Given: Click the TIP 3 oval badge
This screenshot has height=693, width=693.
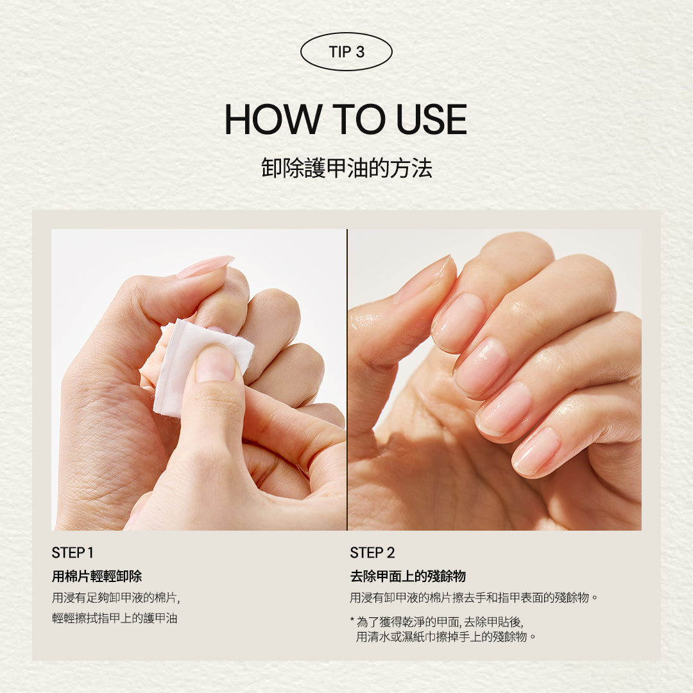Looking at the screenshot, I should click(x=346, y=52).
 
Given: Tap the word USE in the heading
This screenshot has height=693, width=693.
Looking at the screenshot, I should click(x=431, y=119).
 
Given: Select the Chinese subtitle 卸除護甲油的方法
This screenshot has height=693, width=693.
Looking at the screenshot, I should click(x=346, y=168).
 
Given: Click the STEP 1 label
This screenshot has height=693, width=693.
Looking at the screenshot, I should click(x=73, y=552).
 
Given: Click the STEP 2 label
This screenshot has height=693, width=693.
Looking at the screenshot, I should click(x=372, y=552).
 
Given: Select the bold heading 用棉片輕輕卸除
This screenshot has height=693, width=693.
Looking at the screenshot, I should click(x=97, y=576).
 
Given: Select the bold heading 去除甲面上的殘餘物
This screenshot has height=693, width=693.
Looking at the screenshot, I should click(x=407, y=576).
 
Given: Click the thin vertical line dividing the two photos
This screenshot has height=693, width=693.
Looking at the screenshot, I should click(x=347, y=379).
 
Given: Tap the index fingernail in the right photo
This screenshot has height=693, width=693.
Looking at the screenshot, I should click(x=459, y=321).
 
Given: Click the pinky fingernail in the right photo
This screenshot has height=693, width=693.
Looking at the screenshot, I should click(x=536, y=450).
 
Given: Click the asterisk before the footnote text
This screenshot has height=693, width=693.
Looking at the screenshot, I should click(x=352, y=622).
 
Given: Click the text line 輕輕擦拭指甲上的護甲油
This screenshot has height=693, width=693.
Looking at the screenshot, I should click(x=114, y=619).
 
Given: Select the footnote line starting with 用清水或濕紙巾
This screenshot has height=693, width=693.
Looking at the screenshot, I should click(x=446, y=637).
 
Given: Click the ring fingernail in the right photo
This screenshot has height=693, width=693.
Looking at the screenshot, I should click(x=504, y=408).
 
